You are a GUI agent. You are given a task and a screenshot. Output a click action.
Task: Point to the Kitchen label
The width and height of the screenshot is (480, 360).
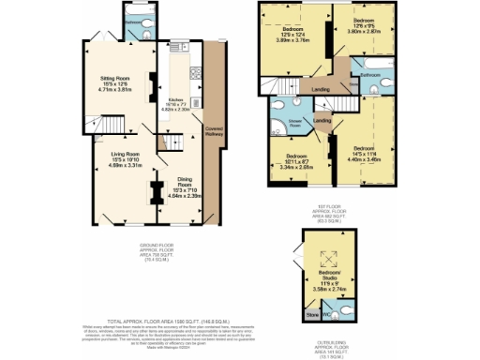[x=175, y=101]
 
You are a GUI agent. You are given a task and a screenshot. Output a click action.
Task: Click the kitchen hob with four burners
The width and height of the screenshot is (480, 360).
[x=192, y=73]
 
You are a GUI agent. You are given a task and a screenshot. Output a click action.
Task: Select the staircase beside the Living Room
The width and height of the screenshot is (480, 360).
[x=112, y=124]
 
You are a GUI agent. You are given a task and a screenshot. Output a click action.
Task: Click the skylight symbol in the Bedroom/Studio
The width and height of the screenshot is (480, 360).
[x=329, y=265]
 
